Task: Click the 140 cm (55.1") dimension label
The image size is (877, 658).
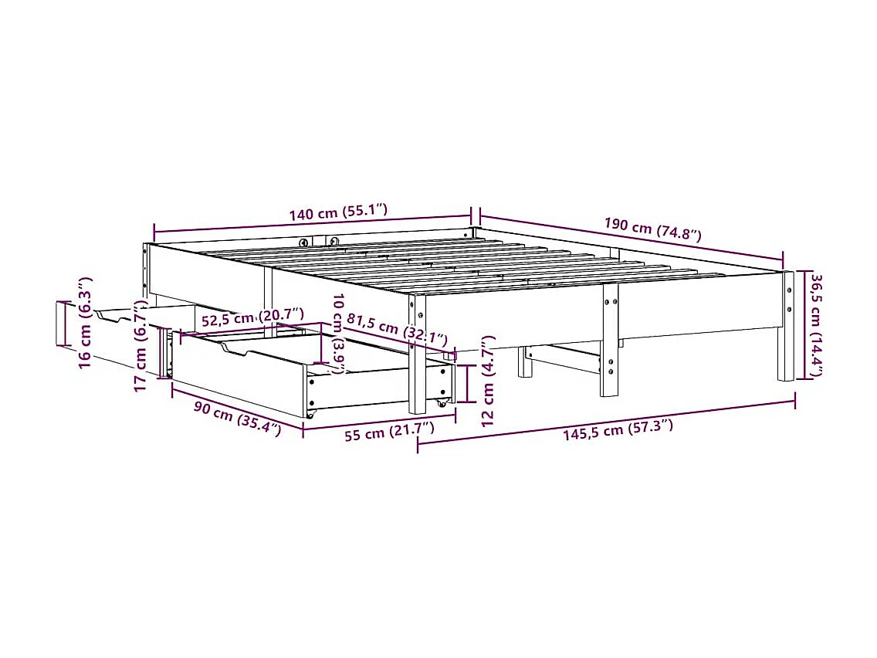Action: coord(338,214)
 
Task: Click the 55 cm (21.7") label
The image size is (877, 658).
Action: coord(389,433)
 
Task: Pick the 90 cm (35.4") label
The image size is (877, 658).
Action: coord(237,418)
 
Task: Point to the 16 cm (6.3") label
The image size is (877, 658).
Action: coord(85,322)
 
